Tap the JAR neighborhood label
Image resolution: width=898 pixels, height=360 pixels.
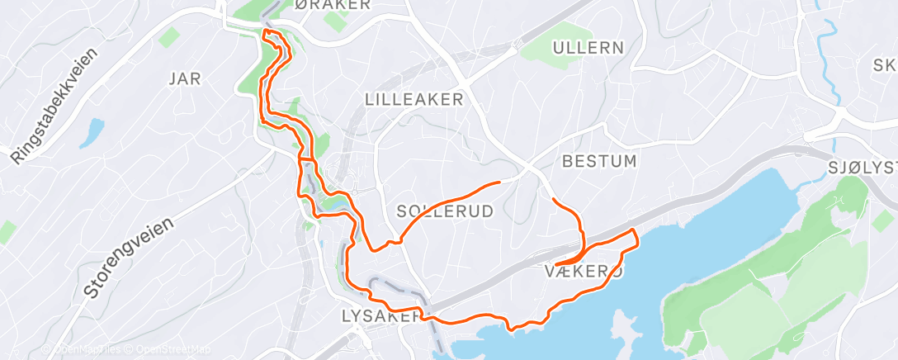coord(185,78)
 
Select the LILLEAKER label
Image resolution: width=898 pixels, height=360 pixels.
coord(414,100)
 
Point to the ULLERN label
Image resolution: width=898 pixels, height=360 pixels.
coord(588,48)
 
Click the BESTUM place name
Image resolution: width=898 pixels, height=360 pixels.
coord(599,161)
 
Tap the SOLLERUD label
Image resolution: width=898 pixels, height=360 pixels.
coord(445,211)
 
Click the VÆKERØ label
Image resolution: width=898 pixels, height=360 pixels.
coord(584,271)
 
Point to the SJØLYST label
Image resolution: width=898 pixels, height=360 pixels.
coord(862,170)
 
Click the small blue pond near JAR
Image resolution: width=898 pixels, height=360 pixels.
coord(92,132)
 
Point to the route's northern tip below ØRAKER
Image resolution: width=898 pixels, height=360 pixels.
coord(266,31)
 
